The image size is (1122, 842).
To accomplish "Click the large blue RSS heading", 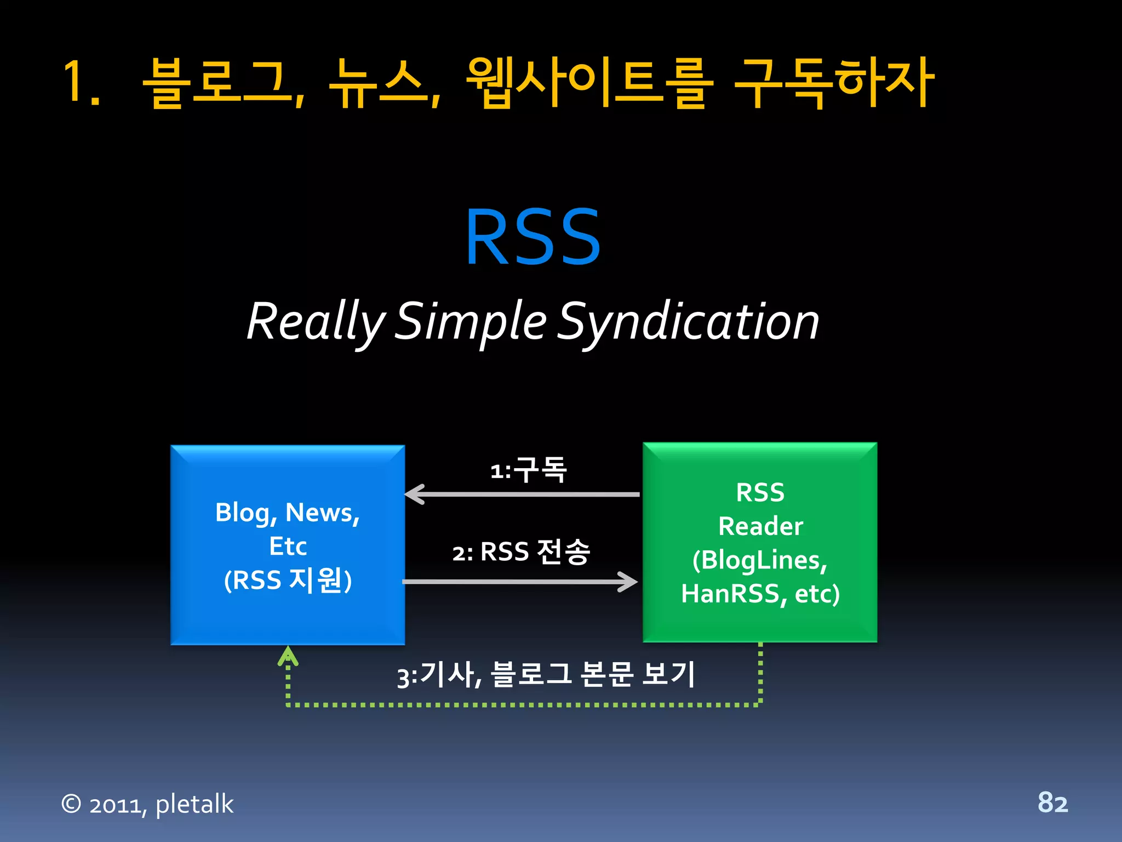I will tap(533, 237).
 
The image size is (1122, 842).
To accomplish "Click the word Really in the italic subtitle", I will tap(316, 322).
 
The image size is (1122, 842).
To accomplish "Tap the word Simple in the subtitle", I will tap(470, 322).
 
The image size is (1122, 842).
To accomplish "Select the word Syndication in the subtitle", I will tap(688, 322).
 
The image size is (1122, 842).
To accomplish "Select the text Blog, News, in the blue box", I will tap(287, 513).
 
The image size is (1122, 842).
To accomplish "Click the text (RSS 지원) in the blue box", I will tap(287, 580).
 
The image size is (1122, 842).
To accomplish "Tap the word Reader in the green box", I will tap(760, 526).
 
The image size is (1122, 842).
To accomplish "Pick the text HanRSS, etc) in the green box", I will tap(760, 594).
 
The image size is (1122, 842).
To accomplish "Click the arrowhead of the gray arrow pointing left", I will tap(414, 494).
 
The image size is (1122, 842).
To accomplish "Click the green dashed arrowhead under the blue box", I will tap(288, 656).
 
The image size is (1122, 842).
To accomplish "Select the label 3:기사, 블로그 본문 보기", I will tap(546, 674).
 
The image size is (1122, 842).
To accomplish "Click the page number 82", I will tap(1052, 803).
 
